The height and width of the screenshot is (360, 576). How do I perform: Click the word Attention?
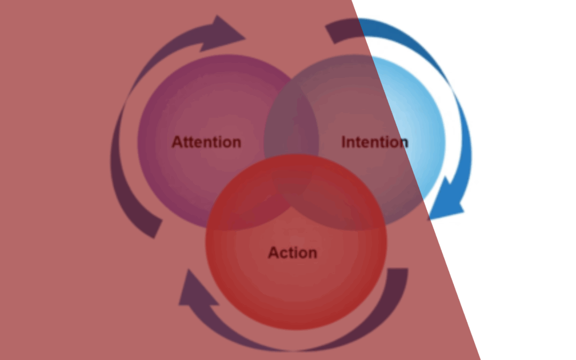coord(206,142)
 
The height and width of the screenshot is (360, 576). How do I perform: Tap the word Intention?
coord(374,142)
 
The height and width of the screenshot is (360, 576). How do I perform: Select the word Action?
coord(292,252)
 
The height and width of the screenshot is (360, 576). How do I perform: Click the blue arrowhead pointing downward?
coord(446,203)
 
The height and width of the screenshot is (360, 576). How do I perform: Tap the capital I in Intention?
coord(343,142)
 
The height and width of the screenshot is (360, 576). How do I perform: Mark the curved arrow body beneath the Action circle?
coord(293,344)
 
